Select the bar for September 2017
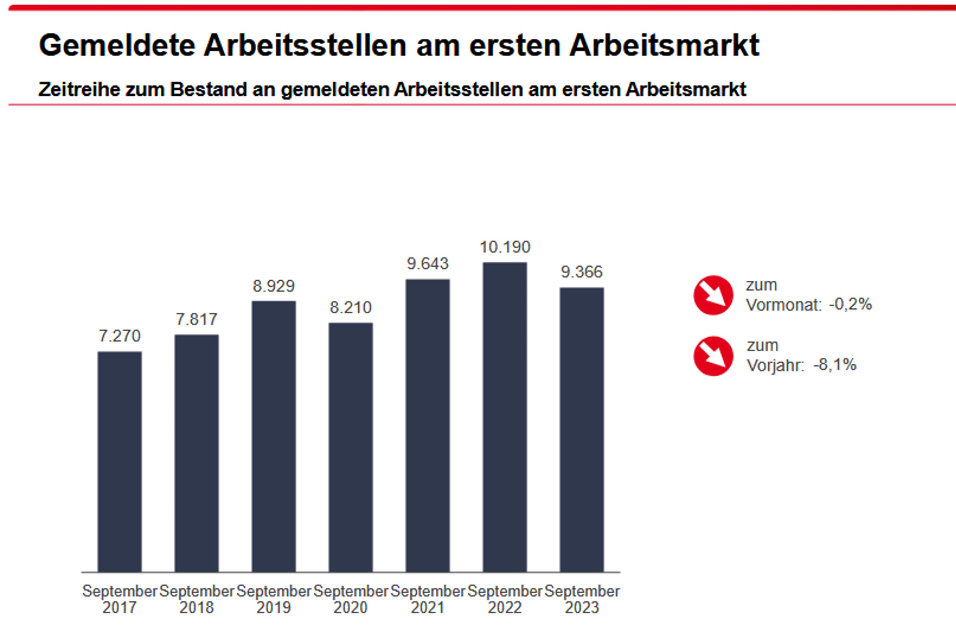coord(119,461)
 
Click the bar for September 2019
coord(273,436)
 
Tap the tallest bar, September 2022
coord(505,417)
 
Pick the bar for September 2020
coord(351,447)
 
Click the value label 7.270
coord(119,336)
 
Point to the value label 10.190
coord(505,247)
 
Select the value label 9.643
coord(428,264)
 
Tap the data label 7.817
coord(196,319)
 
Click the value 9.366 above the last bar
coord(582,272)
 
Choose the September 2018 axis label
coord(196,599)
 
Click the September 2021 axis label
coord(428,599)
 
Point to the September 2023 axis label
coord(582,599)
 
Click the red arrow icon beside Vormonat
coord(713,295)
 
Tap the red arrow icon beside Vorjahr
coord(713,356)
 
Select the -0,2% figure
coord(850,304)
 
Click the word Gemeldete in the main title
coord(117,45)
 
